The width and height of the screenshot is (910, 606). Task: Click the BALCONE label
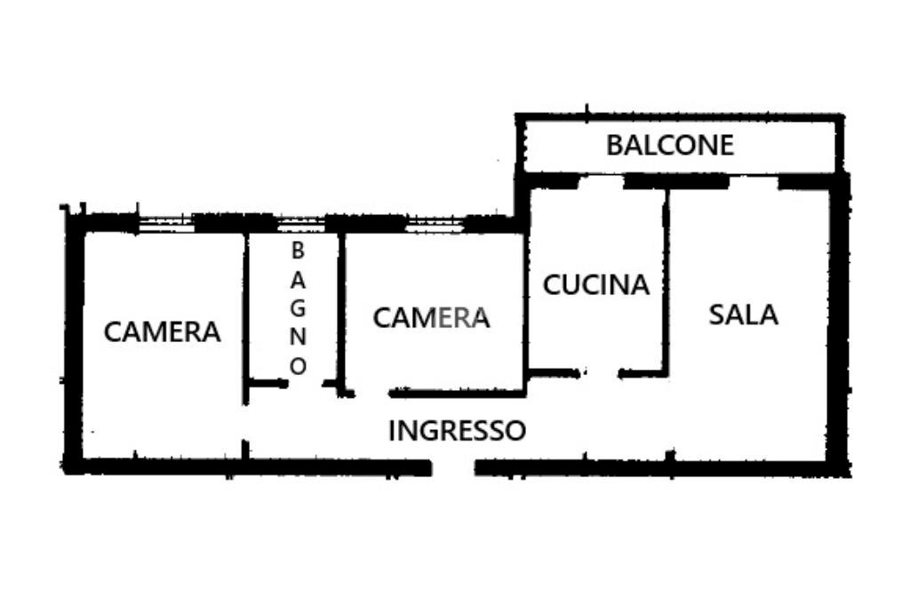[x=670, y=145]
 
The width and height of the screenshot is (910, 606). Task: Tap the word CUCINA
[x=596, y=285]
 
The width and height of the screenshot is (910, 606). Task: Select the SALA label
[x=743, y=314]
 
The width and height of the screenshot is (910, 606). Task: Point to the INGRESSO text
[x=457, y=431]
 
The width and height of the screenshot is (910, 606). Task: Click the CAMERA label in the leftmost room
[x=162, y=331]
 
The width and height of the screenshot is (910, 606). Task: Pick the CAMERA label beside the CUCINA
[x=431, y=317]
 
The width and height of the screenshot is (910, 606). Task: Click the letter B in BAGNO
[x=298, y=251]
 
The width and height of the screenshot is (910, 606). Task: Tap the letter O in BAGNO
[x=299, y=365]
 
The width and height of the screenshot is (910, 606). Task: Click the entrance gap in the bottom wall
[x=453, y=467]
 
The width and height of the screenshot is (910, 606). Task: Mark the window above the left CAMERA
[x=166, y=222]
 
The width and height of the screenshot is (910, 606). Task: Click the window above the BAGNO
[x=300, y=222]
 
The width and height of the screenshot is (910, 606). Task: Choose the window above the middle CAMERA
[x=435, y=222]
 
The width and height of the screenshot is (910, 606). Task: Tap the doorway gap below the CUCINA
[x=601, y=373]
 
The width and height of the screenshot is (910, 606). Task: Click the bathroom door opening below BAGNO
[x=306, y=384]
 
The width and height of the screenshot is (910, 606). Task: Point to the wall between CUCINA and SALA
[x=665, y=275]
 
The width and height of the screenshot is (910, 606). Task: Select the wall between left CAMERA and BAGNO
[x=245, y=311]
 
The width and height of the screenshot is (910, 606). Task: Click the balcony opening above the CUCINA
[x=601, y=181]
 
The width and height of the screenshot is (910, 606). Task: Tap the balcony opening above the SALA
[x=754, y=181]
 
